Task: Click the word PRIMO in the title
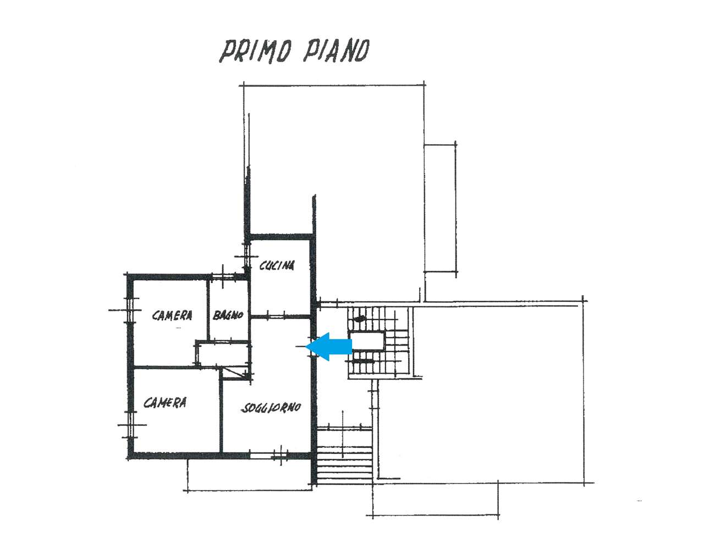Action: (x=255, y=51)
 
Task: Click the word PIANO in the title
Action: (x=336, y=51)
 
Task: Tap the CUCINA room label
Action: (x=277, y=266)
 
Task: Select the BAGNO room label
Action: (x=228, y=315)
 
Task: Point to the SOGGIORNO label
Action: (x=271, y=408)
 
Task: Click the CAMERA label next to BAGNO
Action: (x=172, y=315)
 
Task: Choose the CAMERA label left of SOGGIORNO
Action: (x=165, y=403)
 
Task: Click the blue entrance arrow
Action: (x=328, y=347)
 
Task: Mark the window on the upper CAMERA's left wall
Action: (x=129, y=310)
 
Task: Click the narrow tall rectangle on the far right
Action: (x=441, y=209)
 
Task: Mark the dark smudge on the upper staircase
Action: (x=360, y=319)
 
